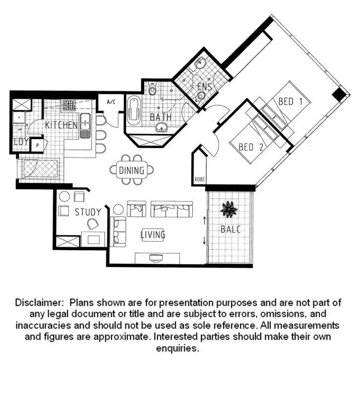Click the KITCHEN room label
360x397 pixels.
click(61, 125)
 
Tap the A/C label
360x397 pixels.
click(111, 102)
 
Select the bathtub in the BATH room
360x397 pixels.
click(134, 110)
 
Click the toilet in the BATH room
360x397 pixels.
click(152, 88)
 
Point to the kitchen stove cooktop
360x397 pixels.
click(69, 105)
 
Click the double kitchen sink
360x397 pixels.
click(85, 126)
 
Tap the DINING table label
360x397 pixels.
click(131, 170)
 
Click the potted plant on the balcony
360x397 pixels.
click(229, 209)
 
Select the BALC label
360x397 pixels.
click(231, 229)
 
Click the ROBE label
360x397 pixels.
click(199, 179)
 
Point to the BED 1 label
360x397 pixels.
click(290, 102)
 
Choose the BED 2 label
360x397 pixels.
click(251, 147)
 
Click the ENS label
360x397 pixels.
click(204, 87)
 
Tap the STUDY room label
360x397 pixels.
click(88, 212)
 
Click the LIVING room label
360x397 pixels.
click(153, 235)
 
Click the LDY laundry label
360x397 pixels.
click(21, 142)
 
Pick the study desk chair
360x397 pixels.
click(93, 224)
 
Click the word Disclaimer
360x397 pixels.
click(39, 303)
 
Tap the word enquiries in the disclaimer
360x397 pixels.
click(178, 348)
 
